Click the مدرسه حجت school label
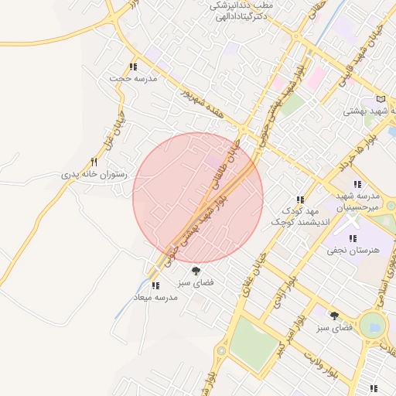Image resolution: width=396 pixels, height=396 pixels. (133, 79)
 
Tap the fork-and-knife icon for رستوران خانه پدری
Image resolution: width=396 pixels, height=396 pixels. (94, 162)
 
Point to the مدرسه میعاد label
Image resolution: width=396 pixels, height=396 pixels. (155, 297)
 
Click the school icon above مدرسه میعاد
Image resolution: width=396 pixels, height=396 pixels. (155, 285)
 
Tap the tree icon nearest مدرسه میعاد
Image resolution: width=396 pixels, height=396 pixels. (196, 271)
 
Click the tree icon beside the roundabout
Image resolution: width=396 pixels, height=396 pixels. (334, 316)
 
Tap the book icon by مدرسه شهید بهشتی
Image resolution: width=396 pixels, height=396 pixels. (380, 99)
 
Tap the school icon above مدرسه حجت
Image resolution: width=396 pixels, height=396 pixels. (134, 67)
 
